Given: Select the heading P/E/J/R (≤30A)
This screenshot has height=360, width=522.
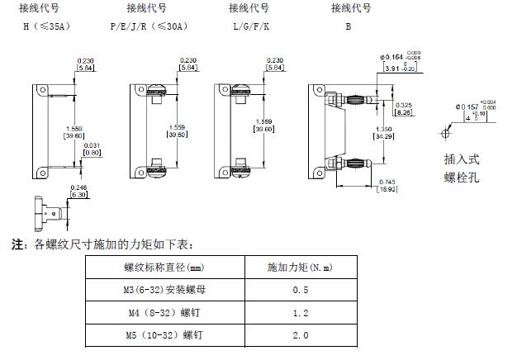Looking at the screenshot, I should coord(149,26).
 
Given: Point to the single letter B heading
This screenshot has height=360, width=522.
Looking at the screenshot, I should coord(349,26).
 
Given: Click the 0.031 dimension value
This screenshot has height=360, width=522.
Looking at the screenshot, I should coord(91,146).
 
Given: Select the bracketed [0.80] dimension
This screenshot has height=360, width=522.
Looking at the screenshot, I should coord(91,153).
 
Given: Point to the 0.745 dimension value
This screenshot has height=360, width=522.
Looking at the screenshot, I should coord(387,182).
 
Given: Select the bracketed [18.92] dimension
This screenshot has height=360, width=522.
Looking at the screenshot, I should coord(387,189).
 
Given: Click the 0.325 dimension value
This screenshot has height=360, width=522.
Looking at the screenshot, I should coord(404,105).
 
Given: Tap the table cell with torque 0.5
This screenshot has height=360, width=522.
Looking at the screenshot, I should coord(301,291).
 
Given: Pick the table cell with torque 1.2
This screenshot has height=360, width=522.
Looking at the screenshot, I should coord(301,314).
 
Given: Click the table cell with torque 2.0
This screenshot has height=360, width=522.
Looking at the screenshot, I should coord(301,336).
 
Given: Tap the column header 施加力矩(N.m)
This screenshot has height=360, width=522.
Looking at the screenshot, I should coord(301,268).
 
